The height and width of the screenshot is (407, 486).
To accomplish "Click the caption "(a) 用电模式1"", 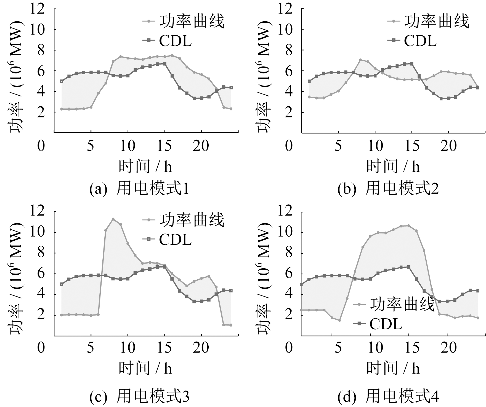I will pyautogui.click(x=139, y=190).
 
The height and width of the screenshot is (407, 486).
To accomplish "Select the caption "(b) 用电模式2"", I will pyautogui.click(x=388, y=190).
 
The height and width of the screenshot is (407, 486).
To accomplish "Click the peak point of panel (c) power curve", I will pyautogui.click(x=113, y=219).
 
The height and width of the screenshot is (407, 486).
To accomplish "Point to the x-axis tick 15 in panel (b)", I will pyautogui.click(x=412, y=145).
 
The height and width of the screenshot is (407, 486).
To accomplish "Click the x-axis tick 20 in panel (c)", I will pyautogui.click(x=201, y=348).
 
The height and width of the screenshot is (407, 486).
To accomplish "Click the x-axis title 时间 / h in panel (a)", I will pyautogui.click(x=145, y=166).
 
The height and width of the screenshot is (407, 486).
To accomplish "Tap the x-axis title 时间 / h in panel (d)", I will pyautogui.click(x=393, y=368).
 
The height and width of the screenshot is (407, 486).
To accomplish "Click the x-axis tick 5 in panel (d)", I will pyautogui.click(x=339, y=348).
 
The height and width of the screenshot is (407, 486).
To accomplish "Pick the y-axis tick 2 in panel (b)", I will pyautogui.click(x=289, y=112).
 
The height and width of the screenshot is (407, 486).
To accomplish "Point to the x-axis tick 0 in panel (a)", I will pyautogui.click(x=41, y=145).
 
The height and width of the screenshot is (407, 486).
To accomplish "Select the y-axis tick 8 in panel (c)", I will pyautogui.click(x=41, y=253).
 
